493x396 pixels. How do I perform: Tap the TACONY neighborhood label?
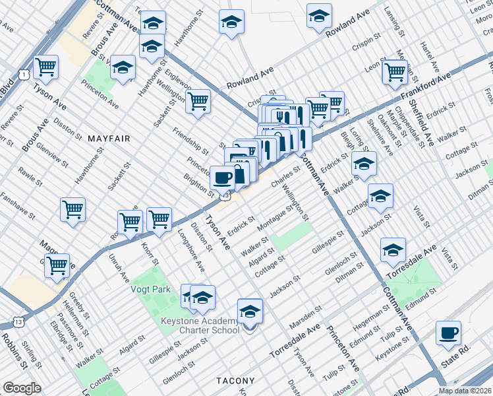coord(235,381)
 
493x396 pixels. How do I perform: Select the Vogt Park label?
coord(152,288)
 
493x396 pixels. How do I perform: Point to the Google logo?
coord(22,388)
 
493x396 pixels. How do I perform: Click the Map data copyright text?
coord(465,391)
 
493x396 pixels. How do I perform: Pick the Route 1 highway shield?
coord(23,75)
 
